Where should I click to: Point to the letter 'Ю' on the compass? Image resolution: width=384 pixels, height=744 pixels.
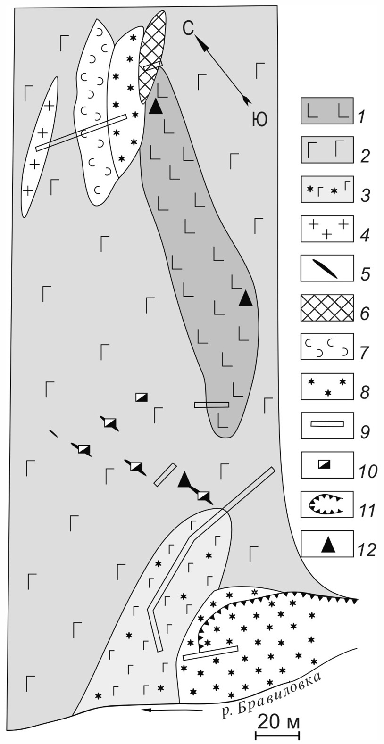coord(259,120)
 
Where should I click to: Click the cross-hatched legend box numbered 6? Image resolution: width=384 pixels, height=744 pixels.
coord(327,307)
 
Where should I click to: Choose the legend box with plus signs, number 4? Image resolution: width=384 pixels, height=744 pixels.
coord(327,229)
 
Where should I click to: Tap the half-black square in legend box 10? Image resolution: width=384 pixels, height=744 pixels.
coord(326,465)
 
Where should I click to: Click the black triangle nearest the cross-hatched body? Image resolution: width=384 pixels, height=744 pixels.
coord(156,107)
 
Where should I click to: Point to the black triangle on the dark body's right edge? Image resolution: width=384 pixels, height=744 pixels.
coord(246,298)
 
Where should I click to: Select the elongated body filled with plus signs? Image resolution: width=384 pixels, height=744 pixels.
coord(40,147)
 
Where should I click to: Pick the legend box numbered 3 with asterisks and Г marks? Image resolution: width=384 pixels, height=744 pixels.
coord(327,190)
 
